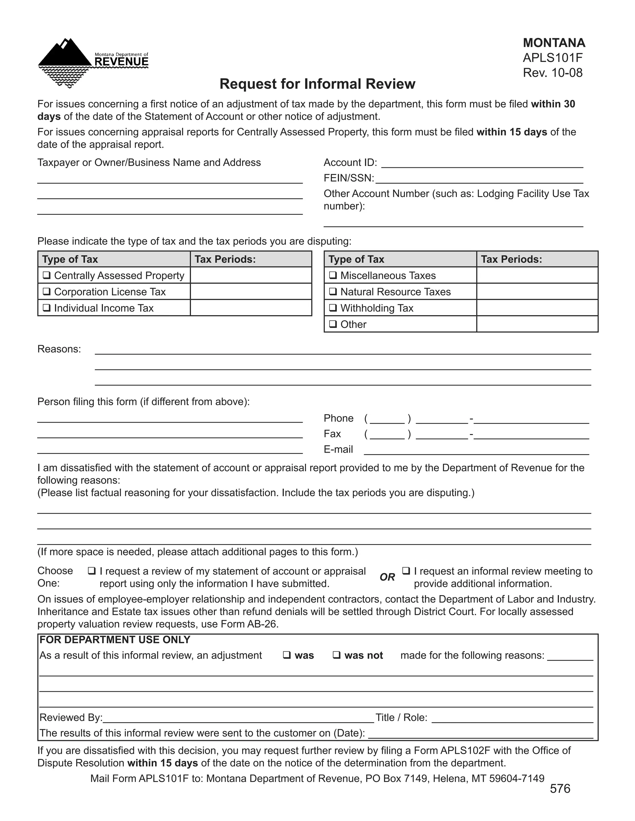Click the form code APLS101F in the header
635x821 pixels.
(x=552, y=58)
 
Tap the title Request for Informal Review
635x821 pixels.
(x=317, y=84)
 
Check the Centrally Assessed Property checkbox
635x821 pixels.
(x=47, y=275)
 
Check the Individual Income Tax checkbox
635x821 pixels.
(x=47, y=308)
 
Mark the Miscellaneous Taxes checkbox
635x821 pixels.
(x=333, y=275)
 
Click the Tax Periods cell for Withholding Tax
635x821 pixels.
(x=537, y=308)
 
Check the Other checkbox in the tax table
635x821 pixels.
(x=333, y=324)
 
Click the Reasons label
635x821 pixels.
(x=59, y=349)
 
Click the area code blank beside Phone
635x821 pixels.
(x=387, y=419)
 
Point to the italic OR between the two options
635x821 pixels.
(x=387, y=577)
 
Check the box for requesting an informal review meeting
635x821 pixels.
(x=406, y=571)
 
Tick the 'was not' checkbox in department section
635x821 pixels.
(x=337, y=655)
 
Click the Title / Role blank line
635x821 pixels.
(x=512, y=718)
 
